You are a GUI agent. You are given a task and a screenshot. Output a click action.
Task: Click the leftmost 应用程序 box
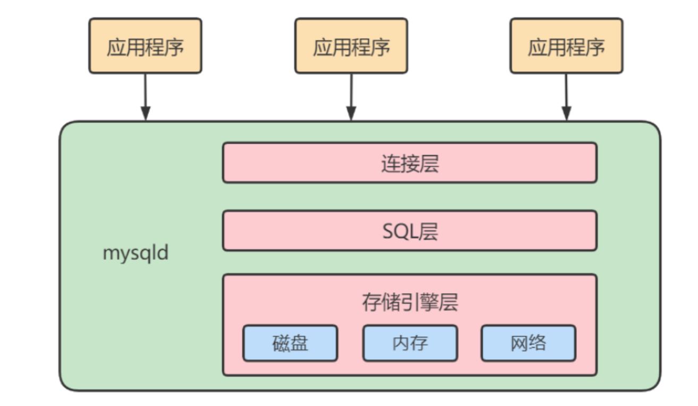click(145, 46)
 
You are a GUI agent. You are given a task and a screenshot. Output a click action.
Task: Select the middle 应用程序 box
click(351, 46)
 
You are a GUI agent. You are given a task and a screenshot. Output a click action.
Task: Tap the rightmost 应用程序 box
click(566, 46)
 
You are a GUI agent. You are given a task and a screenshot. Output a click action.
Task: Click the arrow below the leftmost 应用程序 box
click(145, 96)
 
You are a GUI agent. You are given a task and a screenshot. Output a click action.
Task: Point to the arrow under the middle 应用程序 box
click(351, 96)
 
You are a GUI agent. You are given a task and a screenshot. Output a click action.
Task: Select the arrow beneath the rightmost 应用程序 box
click(566, 96)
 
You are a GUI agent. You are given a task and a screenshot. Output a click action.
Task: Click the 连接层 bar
click(409, 163)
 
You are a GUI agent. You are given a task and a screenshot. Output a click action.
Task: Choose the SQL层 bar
click(409, 231)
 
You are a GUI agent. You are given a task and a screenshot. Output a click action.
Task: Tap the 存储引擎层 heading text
click(409, 303)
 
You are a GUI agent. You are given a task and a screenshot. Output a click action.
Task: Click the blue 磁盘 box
click(290, 343)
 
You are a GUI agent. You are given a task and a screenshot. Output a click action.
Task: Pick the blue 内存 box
click(409, 343)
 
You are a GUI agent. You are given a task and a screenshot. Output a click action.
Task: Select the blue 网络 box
click(528, 343)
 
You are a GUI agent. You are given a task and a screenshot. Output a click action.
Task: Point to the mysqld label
click(135, 253)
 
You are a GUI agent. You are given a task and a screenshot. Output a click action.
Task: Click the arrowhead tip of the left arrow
click(145, 119)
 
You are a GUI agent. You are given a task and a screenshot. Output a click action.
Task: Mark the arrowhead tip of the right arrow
click(566, 119)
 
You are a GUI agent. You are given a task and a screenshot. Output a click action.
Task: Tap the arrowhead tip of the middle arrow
click(351, 119)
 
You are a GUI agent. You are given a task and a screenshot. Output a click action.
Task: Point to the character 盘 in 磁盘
click(299, 343)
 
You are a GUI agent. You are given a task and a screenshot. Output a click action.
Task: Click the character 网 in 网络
click(519, 343)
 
